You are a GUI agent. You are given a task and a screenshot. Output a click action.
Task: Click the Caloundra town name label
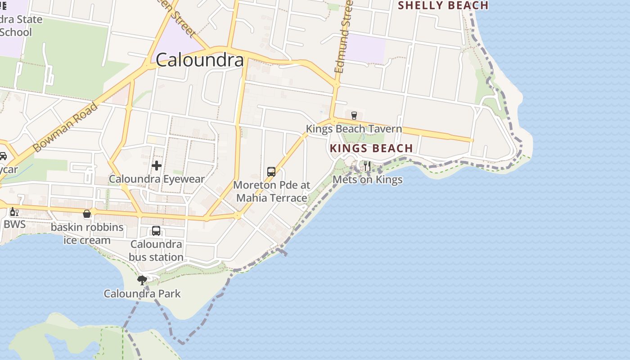(200, 60)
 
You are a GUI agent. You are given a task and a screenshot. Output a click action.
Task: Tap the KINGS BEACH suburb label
(371, 148)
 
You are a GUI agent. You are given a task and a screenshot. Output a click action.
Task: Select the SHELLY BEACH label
(443, 5)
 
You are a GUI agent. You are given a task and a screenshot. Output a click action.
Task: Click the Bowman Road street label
(66, 127)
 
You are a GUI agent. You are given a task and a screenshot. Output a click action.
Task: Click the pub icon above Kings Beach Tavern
(354, 116)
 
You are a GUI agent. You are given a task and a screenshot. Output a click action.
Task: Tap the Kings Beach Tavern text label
(354, 129)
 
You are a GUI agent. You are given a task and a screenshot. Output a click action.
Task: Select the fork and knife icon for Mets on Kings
(367, 166)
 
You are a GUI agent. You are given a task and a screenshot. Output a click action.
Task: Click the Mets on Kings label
(367, 180)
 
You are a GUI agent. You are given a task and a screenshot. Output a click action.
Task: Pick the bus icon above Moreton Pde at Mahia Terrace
(271, 171)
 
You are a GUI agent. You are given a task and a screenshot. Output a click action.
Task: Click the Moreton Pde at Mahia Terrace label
(272, 191)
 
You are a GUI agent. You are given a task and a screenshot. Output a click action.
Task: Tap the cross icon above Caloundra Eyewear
(157, 166)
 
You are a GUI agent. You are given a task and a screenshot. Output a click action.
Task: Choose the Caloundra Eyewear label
(157, 179)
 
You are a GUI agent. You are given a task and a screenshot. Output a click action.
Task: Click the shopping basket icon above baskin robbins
(87, 214)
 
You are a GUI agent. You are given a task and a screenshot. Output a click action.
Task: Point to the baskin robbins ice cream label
(87, 234)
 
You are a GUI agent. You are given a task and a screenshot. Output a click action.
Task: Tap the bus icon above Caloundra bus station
(156, 231)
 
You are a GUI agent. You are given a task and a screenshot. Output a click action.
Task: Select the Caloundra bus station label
(156, 251)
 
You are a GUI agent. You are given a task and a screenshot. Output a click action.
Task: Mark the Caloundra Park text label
(142, 294)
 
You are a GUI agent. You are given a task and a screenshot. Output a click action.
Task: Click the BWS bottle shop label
(15, 224)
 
